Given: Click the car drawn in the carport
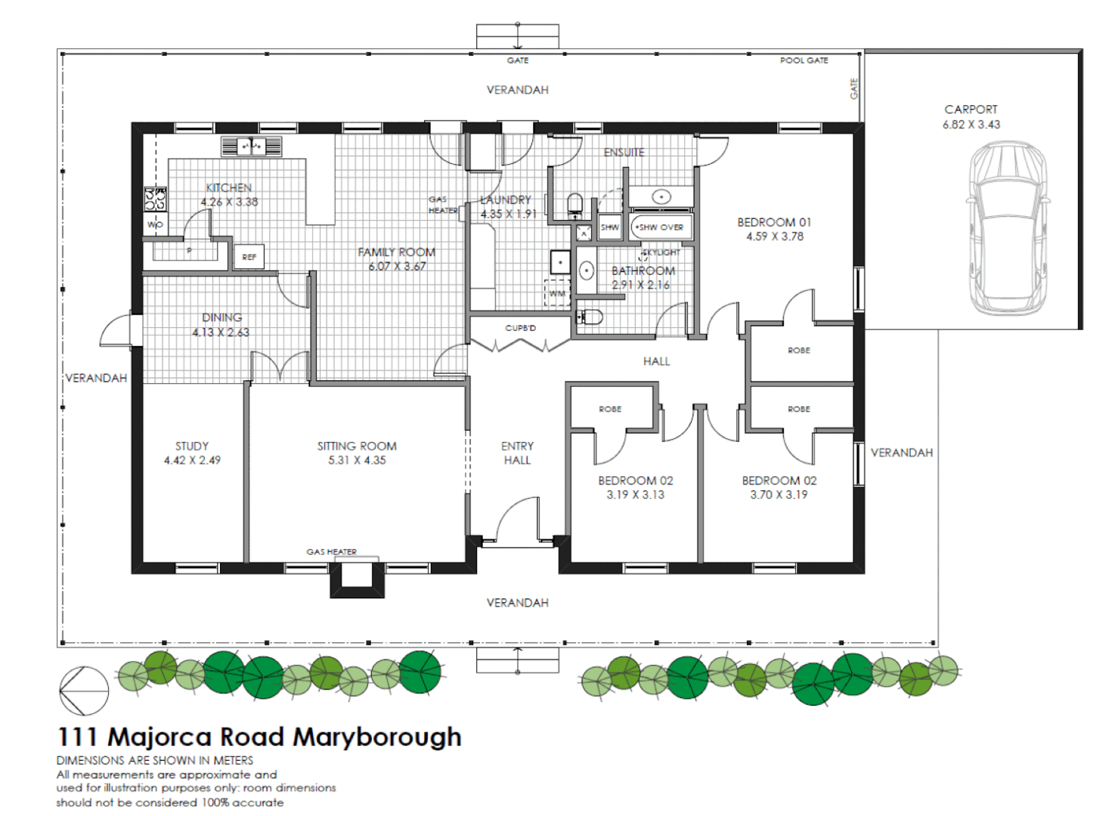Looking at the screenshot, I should pyautogui.click(x=1008, y=228).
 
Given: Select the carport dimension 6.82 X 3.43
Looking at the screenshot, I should pyautogui.click(x=971, y=125).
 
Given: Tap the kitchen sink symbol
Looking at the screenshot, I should pyautogui.click(x=252, y=146).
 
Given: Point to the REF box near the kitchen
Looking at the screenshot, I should pyautogui.click(x=249, y=257).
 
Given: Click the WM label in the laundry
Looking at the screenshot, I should pyautogui.click(x=557, y=293).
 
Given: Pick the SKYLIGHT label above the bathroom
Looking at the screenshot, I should pyautogui.click(x=661, y=252).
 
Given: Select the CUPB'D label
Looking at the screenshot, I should pyautogui.click(x=520, y=328).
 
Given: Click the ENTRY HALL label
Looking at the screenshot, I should pyautogui.click(x=517, y=453).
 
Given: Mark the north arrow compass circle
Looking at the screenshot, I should pyautogui.click(x=84, y=690).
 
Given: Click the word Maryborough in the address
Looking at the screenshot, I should pyautogui.click(x=376, y=737).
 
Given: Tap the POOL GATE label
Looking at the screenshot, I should pyautogui.click(x=804, y=60).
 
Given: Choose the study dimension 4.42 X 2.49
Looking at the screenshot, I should pyautogui.click(x=192, y=460).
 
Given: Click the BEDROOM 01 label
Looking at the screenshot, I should pyautogui.click(x=774, y=222).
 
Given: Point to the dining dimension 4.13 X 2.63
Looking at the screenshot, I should pyautogui.click(x=220, y=332).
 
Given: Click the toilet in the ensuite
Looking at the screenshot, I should pyautogui.click(x=575, y=203).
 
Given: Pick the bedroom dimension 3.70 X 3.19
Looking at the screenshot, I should pyautogui.click(x=779, y=495).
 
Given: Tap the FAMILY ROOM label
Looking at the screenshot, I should pyautogui.click(x=396, y=252).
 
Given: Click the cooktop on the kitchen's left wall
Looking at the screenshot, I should pyautogui.click(x=156, y=199).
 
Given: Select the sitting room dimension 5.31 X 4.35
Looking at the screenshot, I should pyautogui.click(x=357, y=460).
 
